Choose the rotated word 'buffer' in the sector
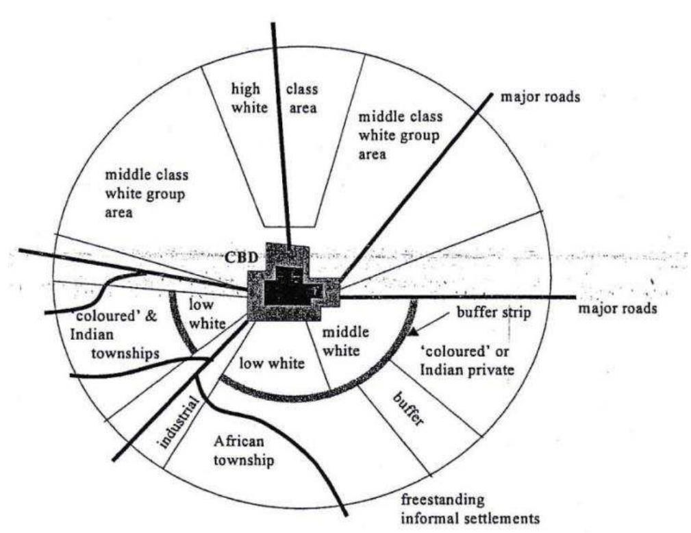(x=408, y=408)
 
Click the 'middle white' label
(x=345, y=341)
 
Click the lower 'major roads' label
(x=618, y=308)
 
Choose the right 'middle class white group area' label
(x=401, y=135)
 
